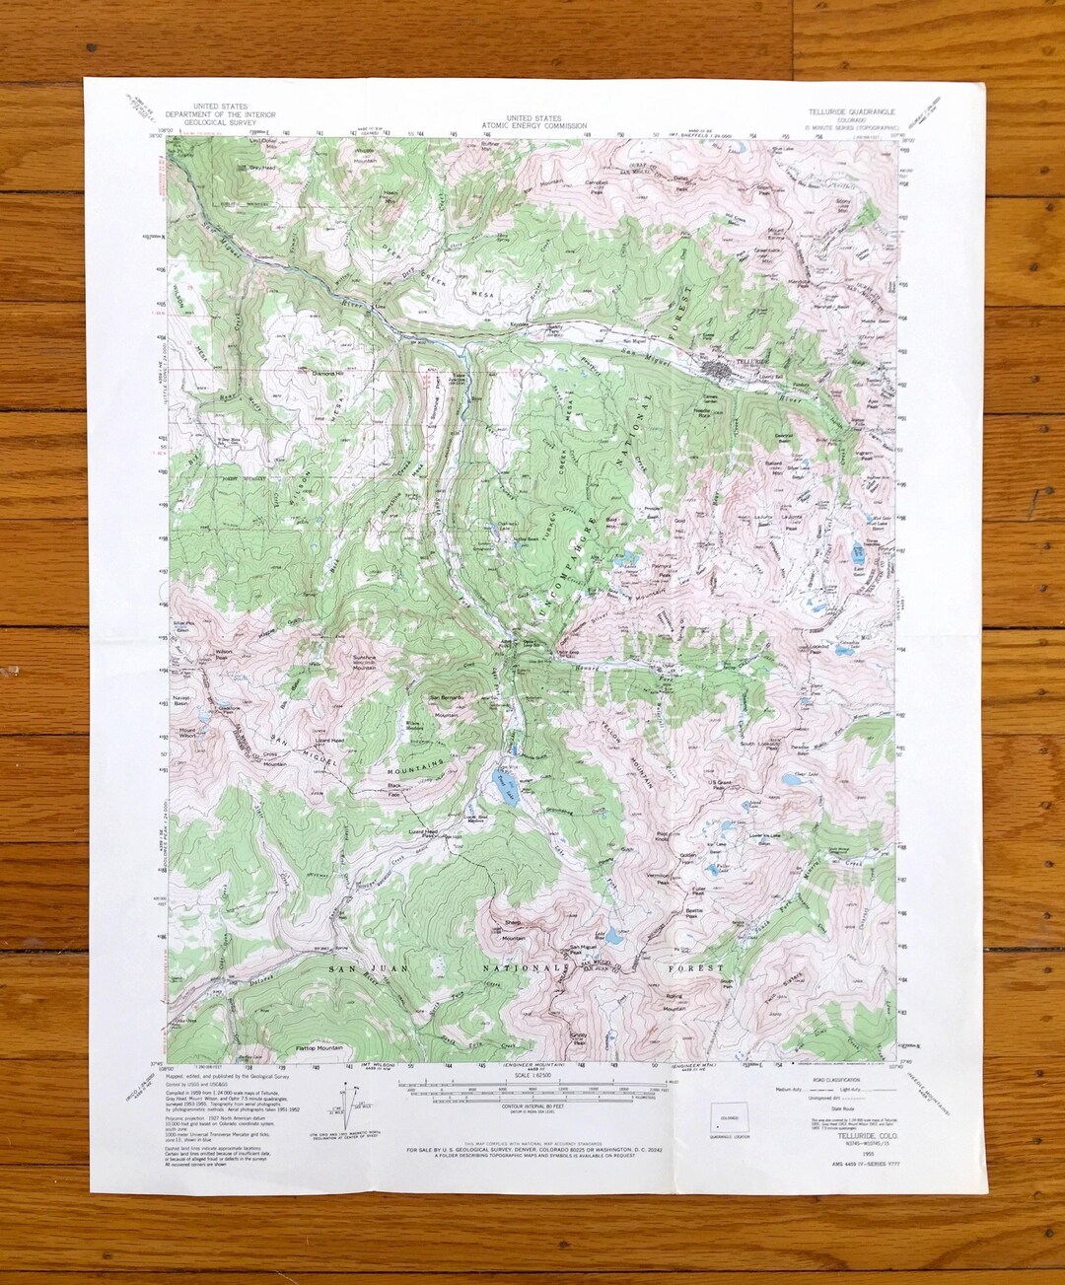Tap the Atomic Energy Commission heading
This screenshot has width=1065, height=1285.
[533, 121]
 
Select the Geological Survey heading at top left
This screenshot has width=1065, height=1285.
[220, 114]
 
